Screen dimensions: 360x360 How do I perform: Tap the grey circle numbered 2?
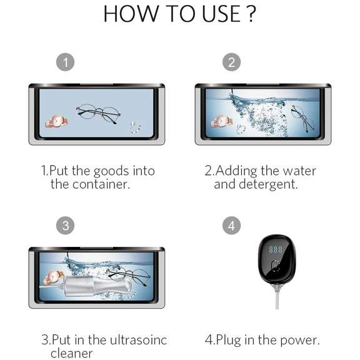(232, 62)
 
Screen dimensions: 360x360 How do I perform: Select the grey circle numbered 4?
(232, 226)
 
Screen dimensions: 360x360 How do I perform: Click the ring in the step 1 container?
(134, 127)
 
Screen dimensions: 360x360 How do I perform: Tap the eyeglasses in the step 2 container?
(302, 117)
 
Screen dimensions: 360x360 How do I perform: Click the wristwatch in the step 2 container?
(221, 121)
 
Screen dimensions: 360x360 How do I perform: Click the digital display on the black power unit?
(276, 249)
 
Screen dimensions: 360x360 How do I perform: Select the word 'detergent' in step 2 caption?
(269, 184)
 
